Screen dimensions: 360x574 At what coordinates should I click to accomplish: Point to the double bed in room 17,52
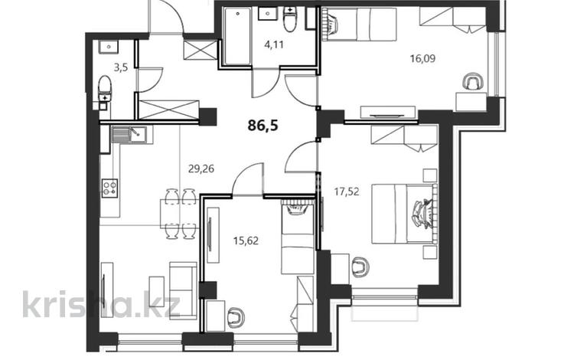point(406,211)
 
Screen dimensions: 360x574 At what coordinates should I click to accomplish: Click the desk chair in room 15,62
point(236,314)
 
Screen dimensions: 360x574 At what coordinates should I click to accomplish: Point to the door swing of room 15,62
point(246,181)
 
